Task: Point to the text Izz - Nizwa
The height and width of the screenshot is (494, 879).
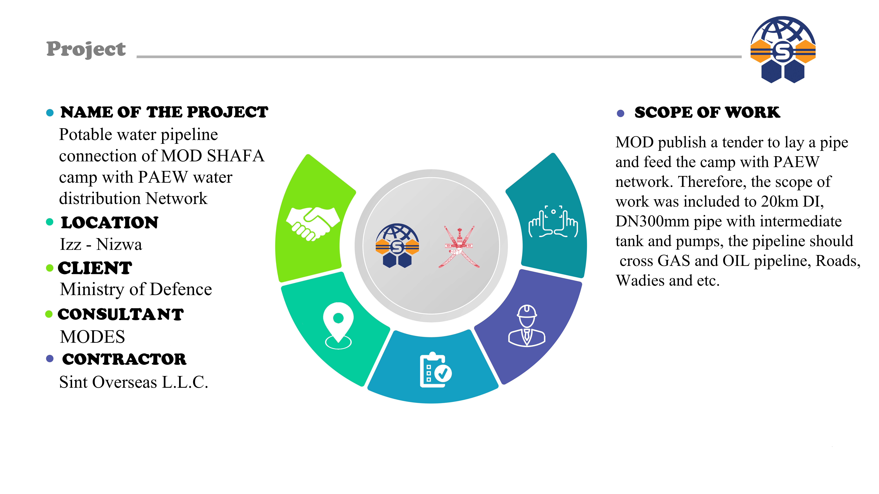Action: tap(101, 244)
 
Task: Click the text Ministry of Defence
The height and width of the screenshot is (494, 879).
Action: tap(136, 289)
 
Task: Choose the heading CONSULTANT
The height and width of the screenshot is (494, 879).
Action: tap(120, 314)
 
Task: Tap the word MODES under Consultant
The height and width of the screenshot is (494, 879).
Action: tap(93, 337)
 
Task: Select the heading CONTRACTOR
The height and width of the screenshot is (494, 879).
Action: tap(124, 359)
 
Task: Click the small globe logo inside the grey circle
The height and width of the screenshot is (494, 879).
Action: tap(397, 245)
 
